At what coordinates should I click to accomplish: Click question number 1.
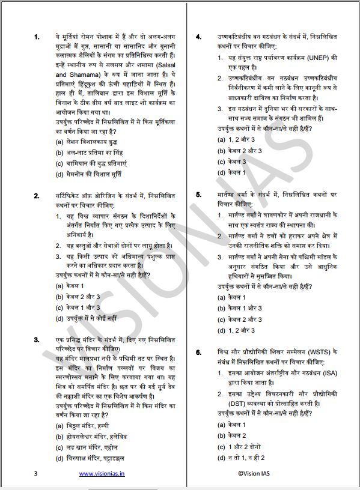37,37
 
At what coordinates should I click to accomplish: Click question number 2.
37,196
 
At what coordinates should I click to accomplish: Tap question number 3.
37,340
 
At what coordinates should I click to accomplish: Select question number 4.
198,37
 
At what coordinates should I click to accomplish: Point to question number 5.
198,196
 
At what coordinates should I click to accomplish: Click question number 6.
198,351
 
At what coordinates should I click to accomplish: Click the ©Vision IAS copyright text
257,473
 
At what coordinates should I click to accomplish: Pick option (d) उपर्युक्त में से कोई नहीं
90,318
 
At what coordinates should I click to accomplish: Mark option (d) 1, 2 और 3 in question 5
236,330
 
